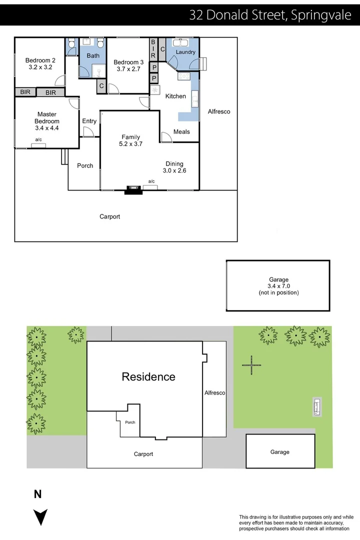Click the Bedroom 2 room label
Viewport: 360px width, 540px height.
coord(40,60)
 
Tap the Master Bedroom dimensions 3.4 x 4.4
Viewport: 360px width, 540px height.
coord(47,128)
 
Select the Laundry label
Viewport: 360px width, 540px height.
coord(185,52)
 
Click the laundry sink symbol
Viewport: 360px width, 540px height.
coord(180,42)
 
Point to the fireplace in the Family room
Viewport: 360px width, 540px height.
coord(133,190)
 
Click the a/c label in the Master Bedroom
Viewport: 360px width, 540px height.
coord(38,139)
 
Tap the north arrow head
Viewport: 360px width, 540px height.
coord(40,517)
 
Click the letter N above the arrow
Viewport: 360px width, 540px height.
coord(38,494)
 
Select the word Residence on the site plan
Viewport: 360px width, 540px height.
coord(148,377)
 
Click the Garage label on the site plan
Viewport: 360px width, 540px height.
coord(279,452)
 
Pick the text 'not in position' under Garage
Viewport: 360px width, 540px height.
coord(278,292)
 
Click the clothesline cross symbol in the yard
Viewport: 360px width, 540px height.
coord(251,365)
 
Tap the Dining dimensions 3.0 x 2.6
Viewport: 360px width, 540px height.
coord(174,170)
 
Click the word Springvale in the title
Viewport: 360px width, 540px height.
coord(321,15)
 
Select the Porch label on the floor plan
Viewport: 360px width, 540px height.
coord(85,165)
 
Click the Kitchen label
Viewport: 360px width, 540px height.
coord(175,96)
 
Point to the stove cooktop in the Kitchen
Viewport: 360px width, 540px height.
coord(183,76)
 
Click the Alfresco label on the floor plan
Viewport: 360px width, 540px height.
coord(219,111)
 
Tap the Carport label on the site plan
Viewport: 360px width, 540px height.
coord(143,454)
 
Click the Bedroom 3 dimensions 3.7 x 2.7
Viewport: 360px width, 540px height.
coord(128,69)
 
